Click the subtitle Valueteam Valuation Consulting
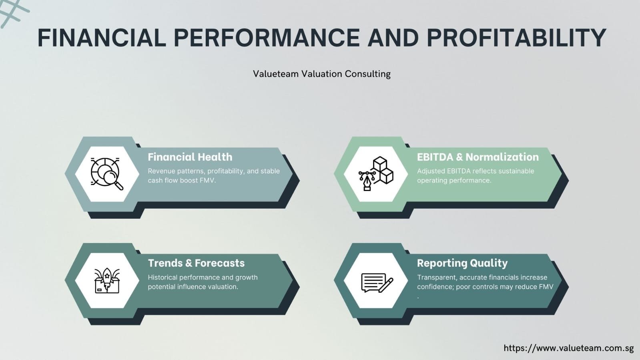coord(321,74)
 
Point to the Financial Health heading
coord(190,157)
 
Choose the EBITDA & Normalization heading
coord(477,157)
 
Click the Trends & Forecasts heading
coord(196,263)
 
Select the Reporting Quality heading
coord(462,263)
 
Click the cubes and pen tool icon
coord(376,174)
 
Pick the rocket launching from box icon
coord(107,280)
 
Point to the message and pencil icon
coord(376,282)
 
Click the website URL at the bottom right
coord(568,348)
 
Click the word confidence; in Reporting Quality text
coord(435,287)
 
